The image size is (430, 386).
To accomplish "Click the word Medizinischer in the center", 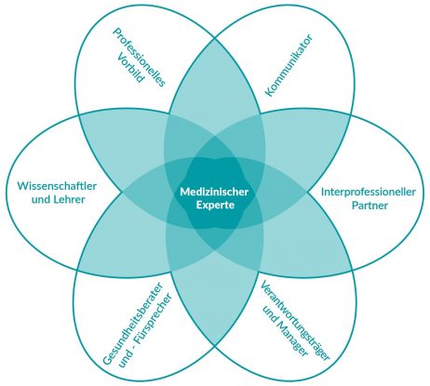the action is tap(214, 192).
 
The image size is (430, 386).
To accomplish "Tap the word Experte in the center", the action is tap(215, 206).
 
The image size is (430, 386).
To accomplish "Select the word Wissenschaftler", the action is tap(57, 186).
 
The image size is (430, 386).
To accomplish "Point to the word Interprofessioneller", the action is tap(369, 192).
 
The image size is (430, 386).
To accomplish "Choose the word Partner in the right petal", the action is tap(370, 206).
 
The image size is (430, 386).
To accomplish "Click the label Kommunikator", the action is tap(289, 65).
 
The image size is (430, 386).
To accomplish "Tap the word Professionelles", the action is tap(139, 57).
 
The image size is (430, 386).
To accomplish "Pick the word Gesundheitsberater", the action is tap(133, 323).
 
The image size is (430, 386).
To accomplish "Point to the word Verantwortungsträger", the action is tap(294, 321).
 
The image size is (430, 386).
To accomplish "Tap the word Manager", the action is tap(292, 339).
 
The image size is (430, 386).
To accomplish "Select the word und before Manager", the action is tap(269, 313).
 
